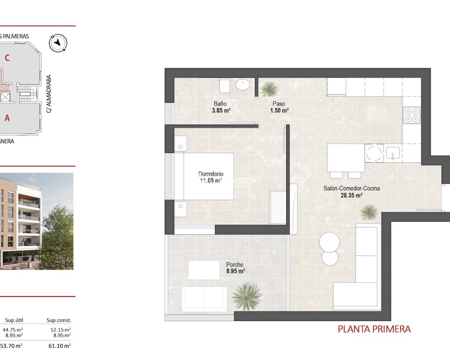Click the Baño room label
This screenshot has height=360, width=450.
click(220, 104)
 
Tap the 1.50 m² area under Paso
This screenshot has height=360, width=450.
click(279, 110)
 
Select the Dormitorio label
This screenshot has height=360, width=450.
click(211, 174)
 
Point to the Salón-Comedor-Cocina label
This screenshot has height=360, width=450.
click(351, 188)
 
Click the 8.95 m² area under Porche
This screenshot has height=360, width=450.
click(235, 271)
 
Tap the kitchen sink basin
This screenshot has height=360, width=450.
click(393, 153)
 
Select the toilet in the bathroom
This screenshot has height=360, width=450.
click(225, 85)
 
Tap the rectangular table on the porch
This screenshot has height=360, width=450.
click(204, 270)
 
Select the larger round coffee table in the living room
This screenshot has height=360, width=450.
click(329, 242)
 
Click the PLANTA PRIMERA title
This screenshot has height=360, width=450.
click(374, 329)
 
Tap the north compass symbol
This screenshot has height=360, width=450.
click(58, 43)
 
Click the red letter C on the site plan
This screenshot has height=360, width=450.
click(7, 58)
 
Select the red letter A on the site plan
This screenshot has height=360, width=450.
click(7, 118)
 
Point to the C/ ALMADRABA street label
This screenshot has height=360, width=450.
click(49, 94)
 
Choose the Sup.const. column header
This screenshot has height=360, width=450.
click(59, 320)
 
